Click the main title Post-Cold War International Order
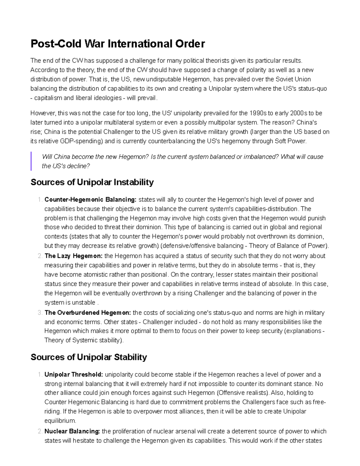118,44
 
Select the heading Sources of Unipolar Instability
92,182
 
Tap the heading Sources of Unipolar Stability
89,357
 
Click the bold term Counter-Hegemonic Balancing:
90,200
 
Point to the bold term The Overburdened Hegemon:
88,313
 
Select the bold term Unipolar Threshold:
74,374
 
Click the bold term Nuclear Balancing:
72,431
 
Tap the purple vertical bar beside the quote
31,161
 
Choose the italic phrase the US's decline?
66,166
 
